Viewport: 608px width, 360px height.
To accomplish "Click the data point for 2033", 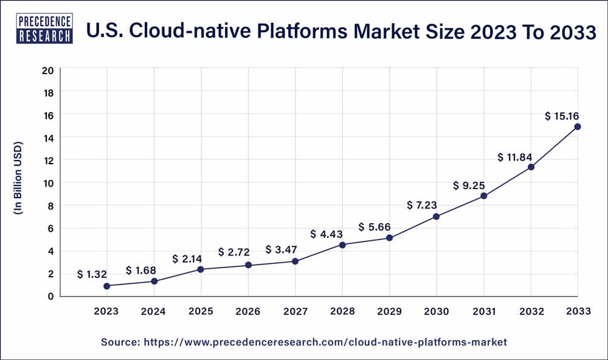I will coord(577,126).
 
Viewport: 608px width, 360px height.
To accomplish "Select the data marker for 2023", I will coord(107,286).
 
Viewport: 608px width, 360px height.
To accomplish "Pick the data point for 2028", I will coord(342,245).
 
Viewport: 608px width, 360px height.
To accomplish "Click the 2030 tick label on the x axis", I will coord(436,311).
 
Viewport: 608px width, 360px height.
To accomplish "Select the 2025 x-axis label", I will coord(201,311).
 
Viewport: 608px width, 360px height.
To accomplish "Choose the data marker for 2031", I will coord(483,196).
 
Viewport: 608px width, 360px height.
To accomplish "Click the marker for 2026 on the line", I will coord(248,265).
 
